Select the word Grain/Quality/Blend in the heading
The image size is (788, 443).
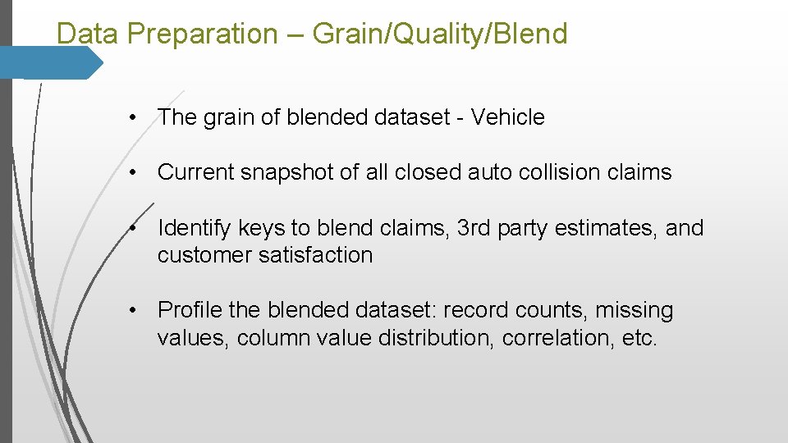click(440, 34)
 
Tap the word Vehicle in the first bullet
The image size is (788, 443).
click(507, 117)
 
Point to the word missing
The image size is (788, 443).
click(634, 310)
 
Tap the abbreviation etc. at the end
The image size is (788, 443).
click(639, 338)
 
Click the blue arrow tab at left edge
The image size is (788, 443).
click(51, 62)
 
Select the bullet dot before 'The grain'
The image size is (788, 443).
click(132, 117)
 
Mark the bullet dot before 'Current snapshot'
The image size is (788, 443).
click(132, 172)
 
